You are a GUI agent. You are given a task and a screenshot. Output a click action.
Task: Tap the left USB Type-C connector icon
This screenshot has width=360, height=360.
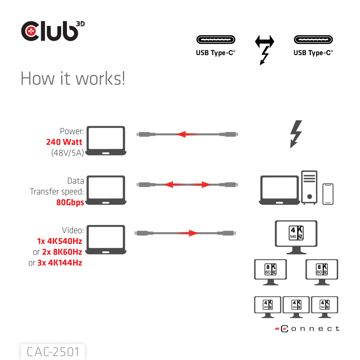tap(216, 39)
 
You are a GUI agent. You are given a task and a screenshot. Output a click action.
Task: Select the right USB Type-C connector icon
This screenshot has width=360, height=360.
tap(313, 39)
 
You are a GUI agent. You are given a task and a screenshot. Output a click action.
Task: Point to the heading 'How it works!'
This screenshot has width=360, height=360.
tap(73, 78)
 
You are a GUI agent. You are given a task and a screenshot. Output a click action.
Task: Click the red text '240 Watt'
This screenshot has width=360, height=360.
tap(64, 142)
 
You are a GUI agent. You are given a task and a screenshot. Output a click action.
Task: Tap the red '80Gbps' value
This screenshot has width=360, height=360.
tap(70, 202)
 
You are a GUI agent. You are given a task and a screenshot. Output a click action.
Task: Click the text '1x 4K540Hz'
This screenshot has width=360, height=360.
tap(59, 241)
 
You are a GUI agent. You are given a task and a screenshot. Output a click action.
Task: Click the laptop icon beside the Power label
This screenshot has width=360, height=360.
tap(106, 141)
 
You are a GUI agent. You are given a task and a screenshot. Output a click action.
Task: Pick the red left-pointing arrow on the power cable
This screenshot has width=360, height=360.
tap(186, 134)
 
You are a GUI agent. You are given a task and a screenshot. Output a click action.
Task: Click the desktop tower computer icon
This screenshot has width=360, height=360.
tap(309, 187)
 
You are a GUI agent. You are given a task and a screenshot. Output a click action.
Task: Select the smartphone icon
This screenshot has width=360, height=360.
tap(328, 194)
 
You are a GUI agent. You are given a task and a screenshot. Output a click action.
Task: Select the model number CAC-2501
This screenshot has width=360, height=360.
tap(53, 352)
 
